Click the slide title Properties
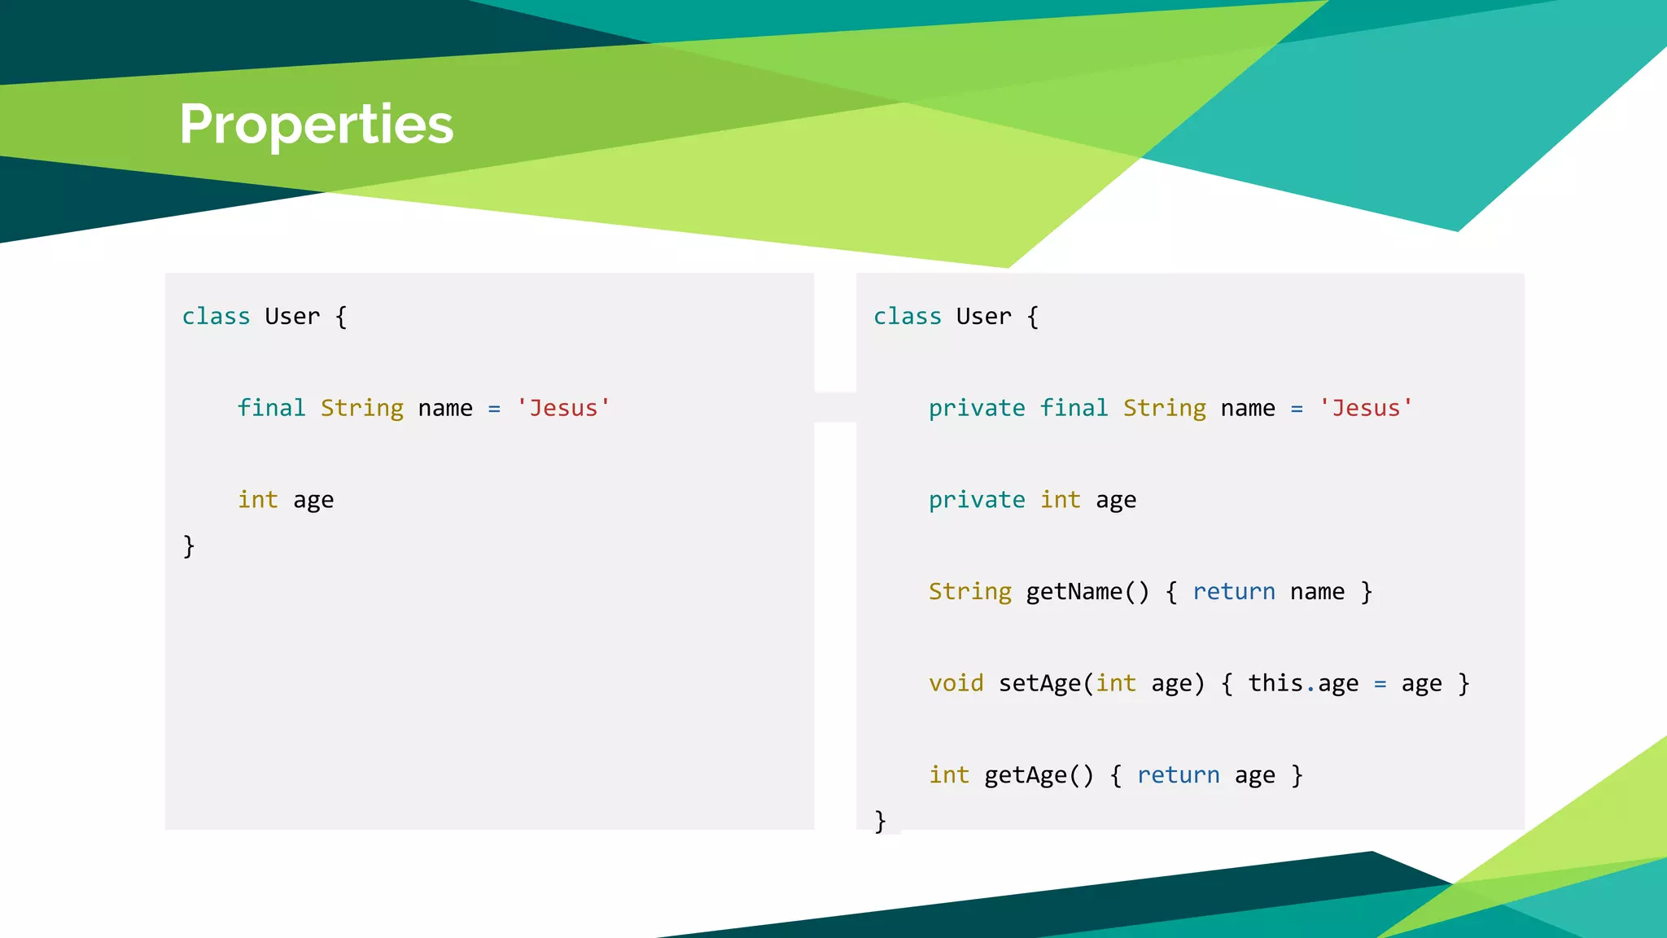point(316,125)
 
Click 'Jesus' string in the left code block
point(563,407)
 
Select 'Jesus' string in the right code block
point(1366,407)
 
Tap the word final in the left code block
point(271,407)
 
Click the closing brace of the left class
point(189,546)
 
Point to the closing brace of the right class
point(880,820)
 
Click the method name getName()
point(1087,591)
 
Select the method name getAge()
point(1039,775)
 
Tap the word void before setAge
point(956,683)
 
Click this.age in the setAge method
point(1303,683)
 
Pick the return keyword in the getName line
point(1233,591)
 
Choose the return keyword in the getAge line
point(1178,775)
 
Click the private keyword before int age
point(977,499)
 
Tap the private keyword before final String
point(977,407)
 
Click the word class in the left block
point(216,316)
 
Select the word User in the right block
point(983,316)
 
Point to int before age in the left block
point(257,499)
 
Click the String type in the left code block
point(361,407)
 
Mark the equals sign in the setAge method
point(1380,684)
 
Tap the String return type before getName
point(969,591)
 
